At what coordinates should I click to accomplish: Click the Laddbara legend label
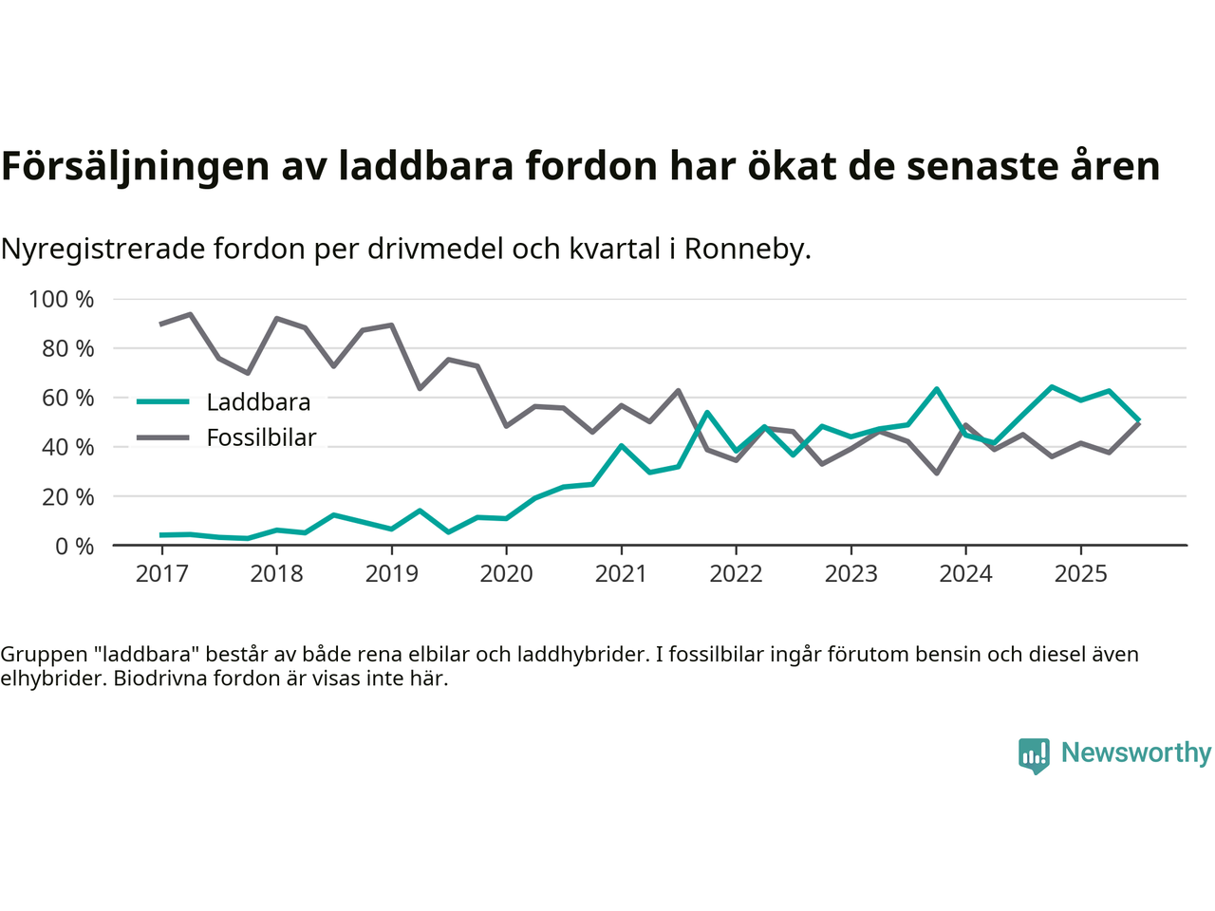tap(258, 402)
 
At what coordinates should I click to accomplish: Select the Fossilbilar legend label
tap(261, 438)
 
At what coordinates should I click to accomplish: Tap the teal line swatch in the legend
tap(163, 401)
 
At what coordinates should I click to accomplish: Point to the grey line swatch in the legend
tap(163, 437)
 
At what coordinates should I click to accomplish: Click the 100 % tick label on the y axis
tap(62, 300)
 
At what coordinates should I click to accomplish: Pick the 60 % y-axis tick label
tap(67, 399)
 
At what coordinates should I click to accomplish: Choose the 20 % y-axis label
tap(67, 497)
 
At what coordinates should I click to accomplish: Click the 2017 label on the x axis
tap(161, 574)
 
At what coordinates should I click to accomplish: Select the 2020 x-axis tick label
tap(506, 574)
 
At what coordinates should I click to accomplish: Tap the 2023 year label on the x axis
tap(850, 574)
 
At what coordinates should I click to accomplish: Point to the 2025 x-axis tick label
tap(1080, 574)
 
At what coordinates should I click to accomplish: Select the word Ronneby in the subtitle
tap(746, 250)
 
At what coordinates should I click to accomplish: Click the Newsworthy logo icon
tap(1034, 755)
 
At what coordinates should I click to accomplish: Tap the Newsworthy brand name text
tap(1135, 753)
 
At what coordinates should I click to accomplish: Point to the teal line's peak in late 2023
tap(937, 389)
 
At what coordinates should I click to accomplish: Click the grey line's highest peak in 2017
tap(190, 314)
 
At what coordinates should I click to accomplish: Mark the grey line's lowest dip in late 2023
tap(937, 473)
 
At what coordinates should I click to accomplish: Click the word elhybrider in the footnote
tap(53, 679)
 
